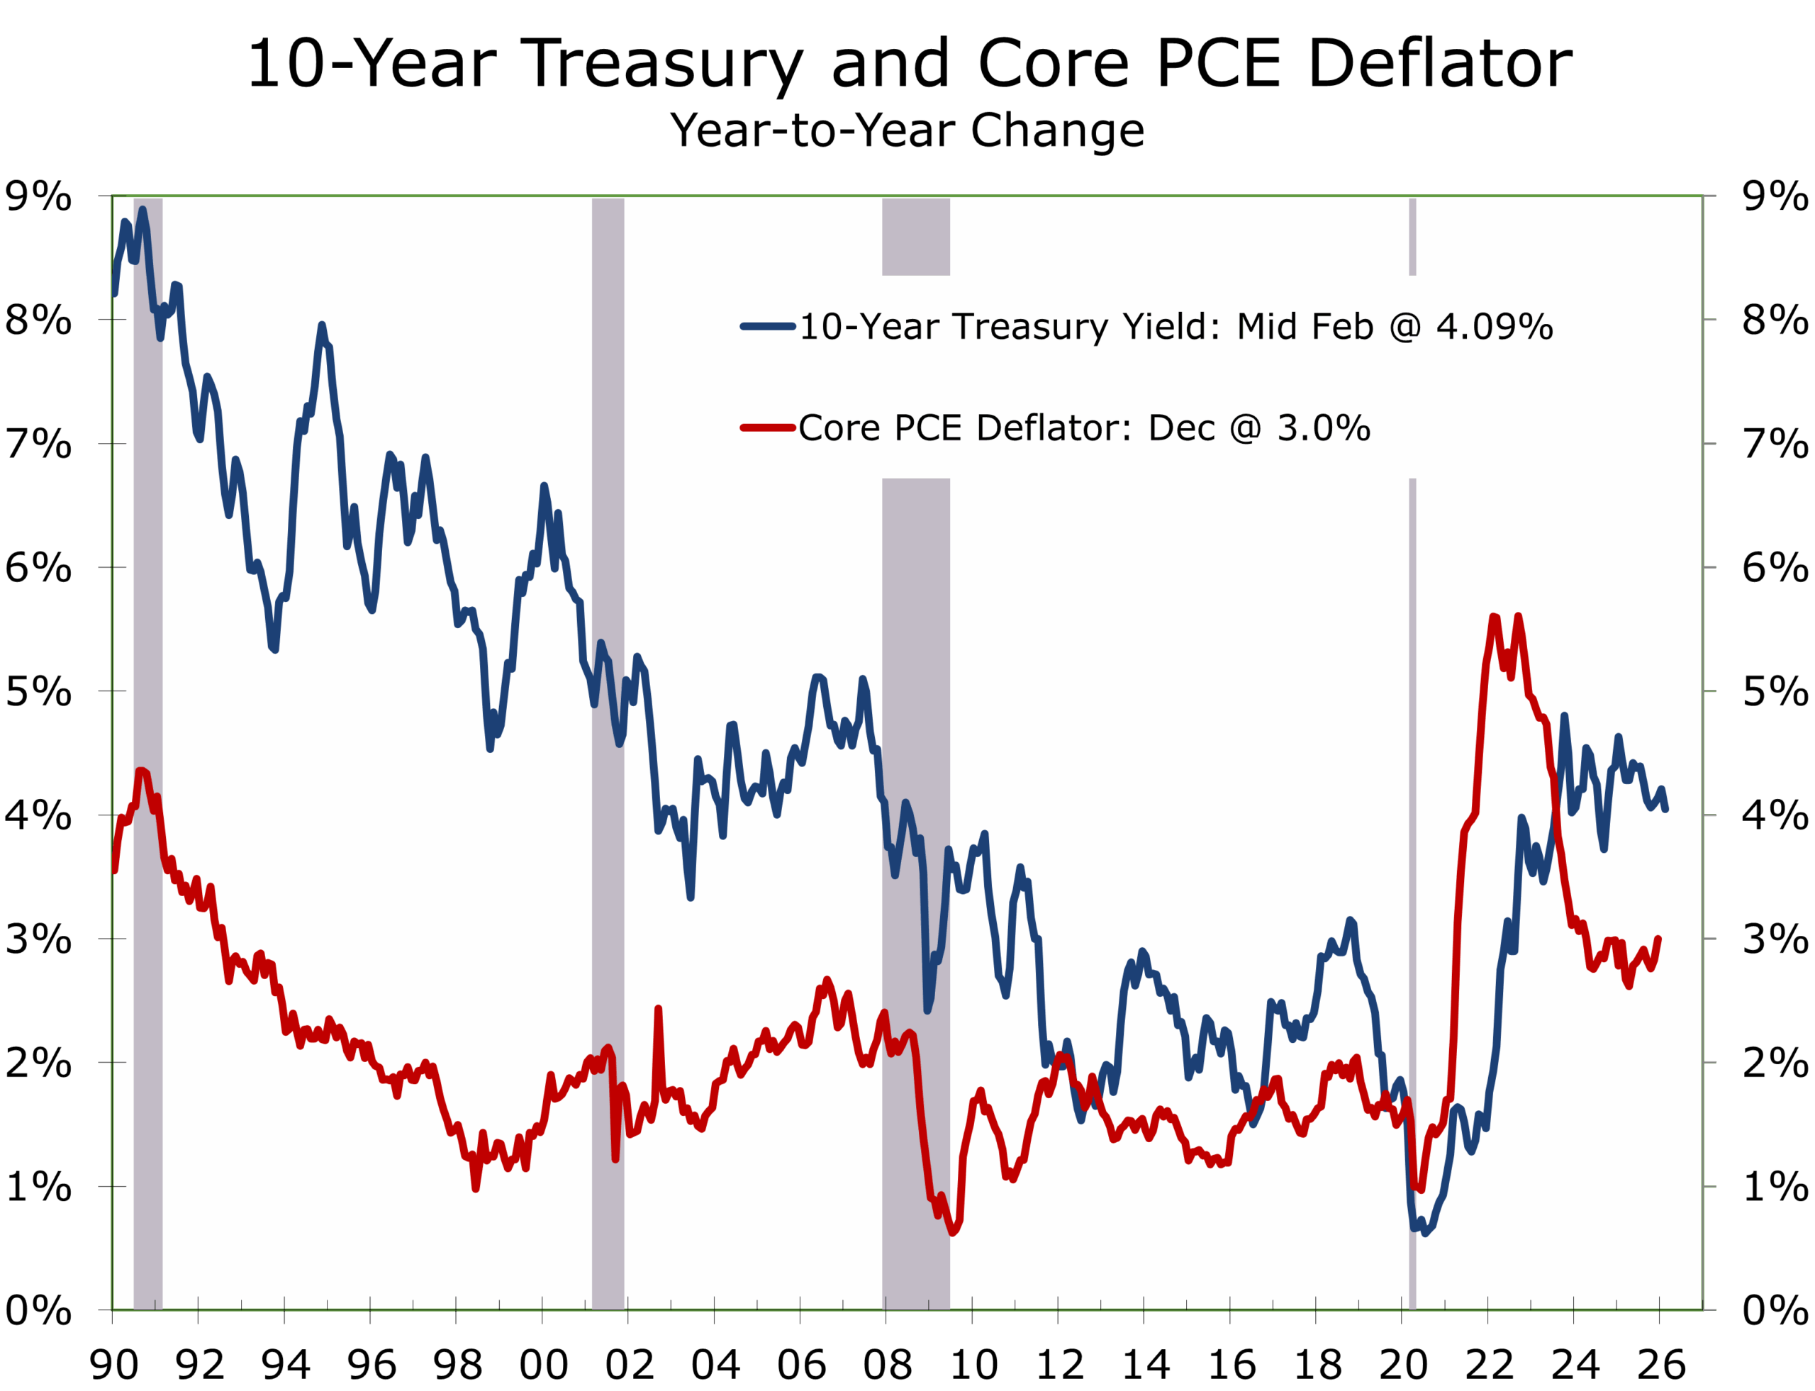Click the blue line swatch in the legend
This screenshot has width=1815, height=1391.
[x=768, y=326]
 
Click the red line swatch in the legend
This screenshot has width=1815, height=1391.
[x=768, y=428]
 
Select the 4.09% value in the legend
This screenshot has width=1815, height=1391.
[x=1494, y=327]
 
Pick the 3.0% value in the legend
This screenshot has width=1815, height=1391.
[x=1323, y=428]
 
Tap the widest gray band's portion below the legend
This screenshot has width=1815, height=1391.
[x=916, y=828]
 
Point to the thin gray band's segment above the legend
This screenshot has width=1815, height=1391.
[x=1412, y=236]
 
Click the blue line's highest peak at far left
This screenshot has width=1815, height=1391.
[x=143, y=211]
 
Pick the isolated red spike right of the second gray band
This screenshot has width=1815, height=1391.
[x=658, y=1010]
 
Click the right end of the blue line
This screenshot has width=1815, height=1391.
[x=1665, y=808]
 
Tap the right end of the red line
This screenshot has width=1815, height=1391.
[x=1658, y=939]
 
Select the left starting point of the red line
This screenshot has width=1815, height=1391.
[x=114, y=870]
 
